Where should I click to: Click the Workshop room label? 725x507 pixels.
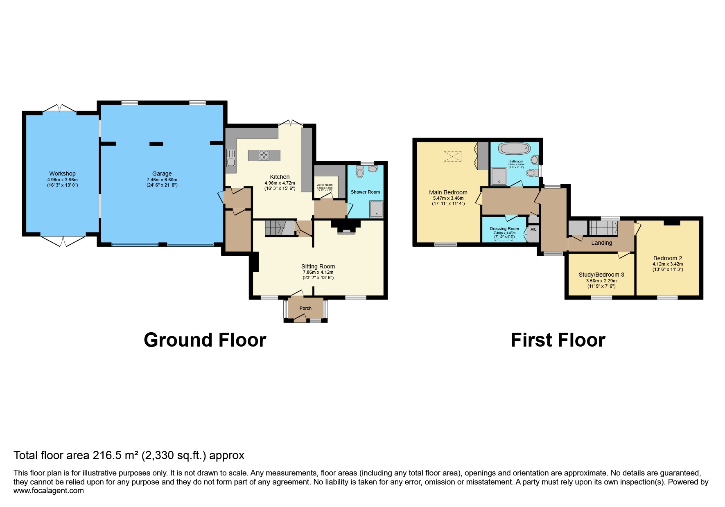pyautogui.click(x=62, y=174)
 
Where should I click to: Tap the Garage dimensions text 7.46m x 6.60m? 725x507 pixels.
pyautogui.click(x=162, y=180)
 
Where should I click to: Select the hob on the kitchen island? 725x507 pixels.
pyautogui.click(x=264, y=155)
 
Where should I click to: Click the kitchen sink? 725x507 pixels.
pyautogui.click(x=231, y=158)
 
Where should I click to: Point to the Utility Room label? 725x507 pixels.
pyautogui.click(x=325, y=185)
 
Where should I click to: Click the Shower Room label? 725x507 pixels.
pyautogui.click(x=365, y=192)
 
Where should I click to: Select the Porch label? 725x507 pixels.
pyautogui.click(x=305, y=308)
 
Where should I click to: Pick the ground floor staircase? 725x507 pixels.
pyautogui.click(x=280, y=228)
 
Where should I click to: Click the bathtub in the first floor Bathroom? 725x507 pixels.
pyautogui.click(x=514, y=149)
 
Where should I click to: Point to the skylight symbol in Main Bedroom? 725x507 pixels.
pyautogui.click(x=452, y=156)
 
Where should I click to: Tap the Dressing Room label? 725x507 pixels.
pyautogui.click(x=504, y=229)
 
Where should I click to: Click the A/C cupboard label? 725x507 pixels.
pyautogui.click(x=533, y=230)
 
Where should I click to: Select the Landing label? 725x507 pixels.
pyautogui.click(x=601, y=243)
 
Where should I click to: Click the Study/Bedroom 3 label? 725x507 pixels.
pyautogui.click(x=601, y=275)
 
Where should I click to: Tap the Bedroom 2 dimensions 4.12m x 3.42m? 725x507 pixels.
pyautogui.click(x=667, y=264)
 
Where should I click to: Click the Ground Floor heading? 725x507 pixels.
pyautogui.click(x=205, y=340)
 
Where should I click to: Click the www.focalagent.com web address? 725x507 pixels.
pyautogui.click(x=48, y=491)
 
